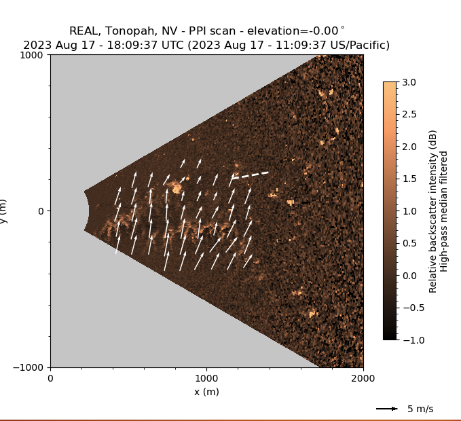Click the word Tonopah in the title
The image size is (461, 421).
[x=129, y=31]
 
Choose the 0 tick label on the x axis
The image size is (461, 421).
[x=50, y=378]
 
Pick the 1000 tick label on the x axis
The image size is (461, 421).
[x=206, y=378]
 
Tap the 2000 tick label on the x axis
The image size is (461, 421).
[x=363, y=378]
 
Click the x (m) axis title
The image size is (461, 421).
[x=206, y=392]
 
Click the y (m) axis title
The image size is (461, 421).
[x=4, y=211]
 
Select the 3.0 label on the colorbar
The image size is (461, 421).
[x=410, y=82]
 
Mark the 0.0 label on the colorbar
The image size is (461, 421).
[x=410, y=275]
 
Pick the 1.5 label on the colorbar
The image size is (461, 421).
[x=410, y=179]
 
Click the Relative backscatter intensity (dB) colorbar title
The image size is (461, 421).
[x=432, y=211]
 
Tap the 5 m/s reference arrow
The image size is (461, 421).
[x=387, y=409]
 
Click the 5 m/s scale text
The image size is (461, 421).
[x=420, y=409]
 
